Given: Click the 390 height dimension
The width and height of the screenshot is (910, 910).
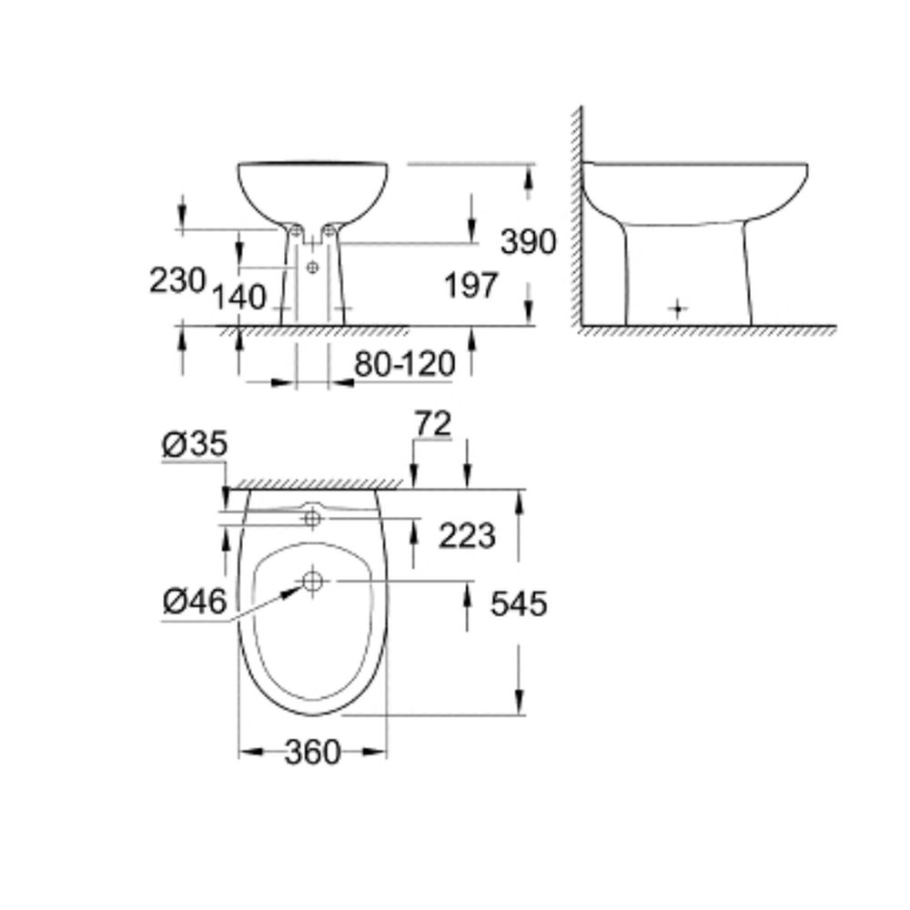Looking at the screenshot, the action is tap(528, 241).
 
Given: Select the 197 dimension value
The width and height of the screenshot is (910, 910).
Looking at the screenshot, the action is tap(470, 286).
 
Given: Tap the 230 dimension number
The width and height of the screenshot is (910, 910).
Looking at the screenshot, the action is tap(177, 280).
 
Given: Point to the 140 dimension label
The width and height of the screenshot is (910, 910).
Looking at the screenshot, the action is tap(239, 298).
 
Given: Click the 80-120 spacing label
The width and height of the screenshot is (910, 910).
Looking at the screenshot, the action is tap(405, 365).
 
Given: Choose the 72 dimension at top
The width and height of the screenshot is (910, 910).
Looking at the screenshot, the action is tap(433, 424).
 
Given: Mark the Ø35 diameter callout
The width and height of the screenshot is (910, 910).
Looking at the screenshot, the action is tap(195, 444).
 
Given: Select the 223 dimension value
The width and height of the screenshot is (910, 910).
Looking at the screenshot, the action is tap(467, 535).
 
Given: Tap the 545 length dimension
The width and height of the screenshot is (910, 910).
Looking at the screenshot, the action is tap(519, 603).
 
